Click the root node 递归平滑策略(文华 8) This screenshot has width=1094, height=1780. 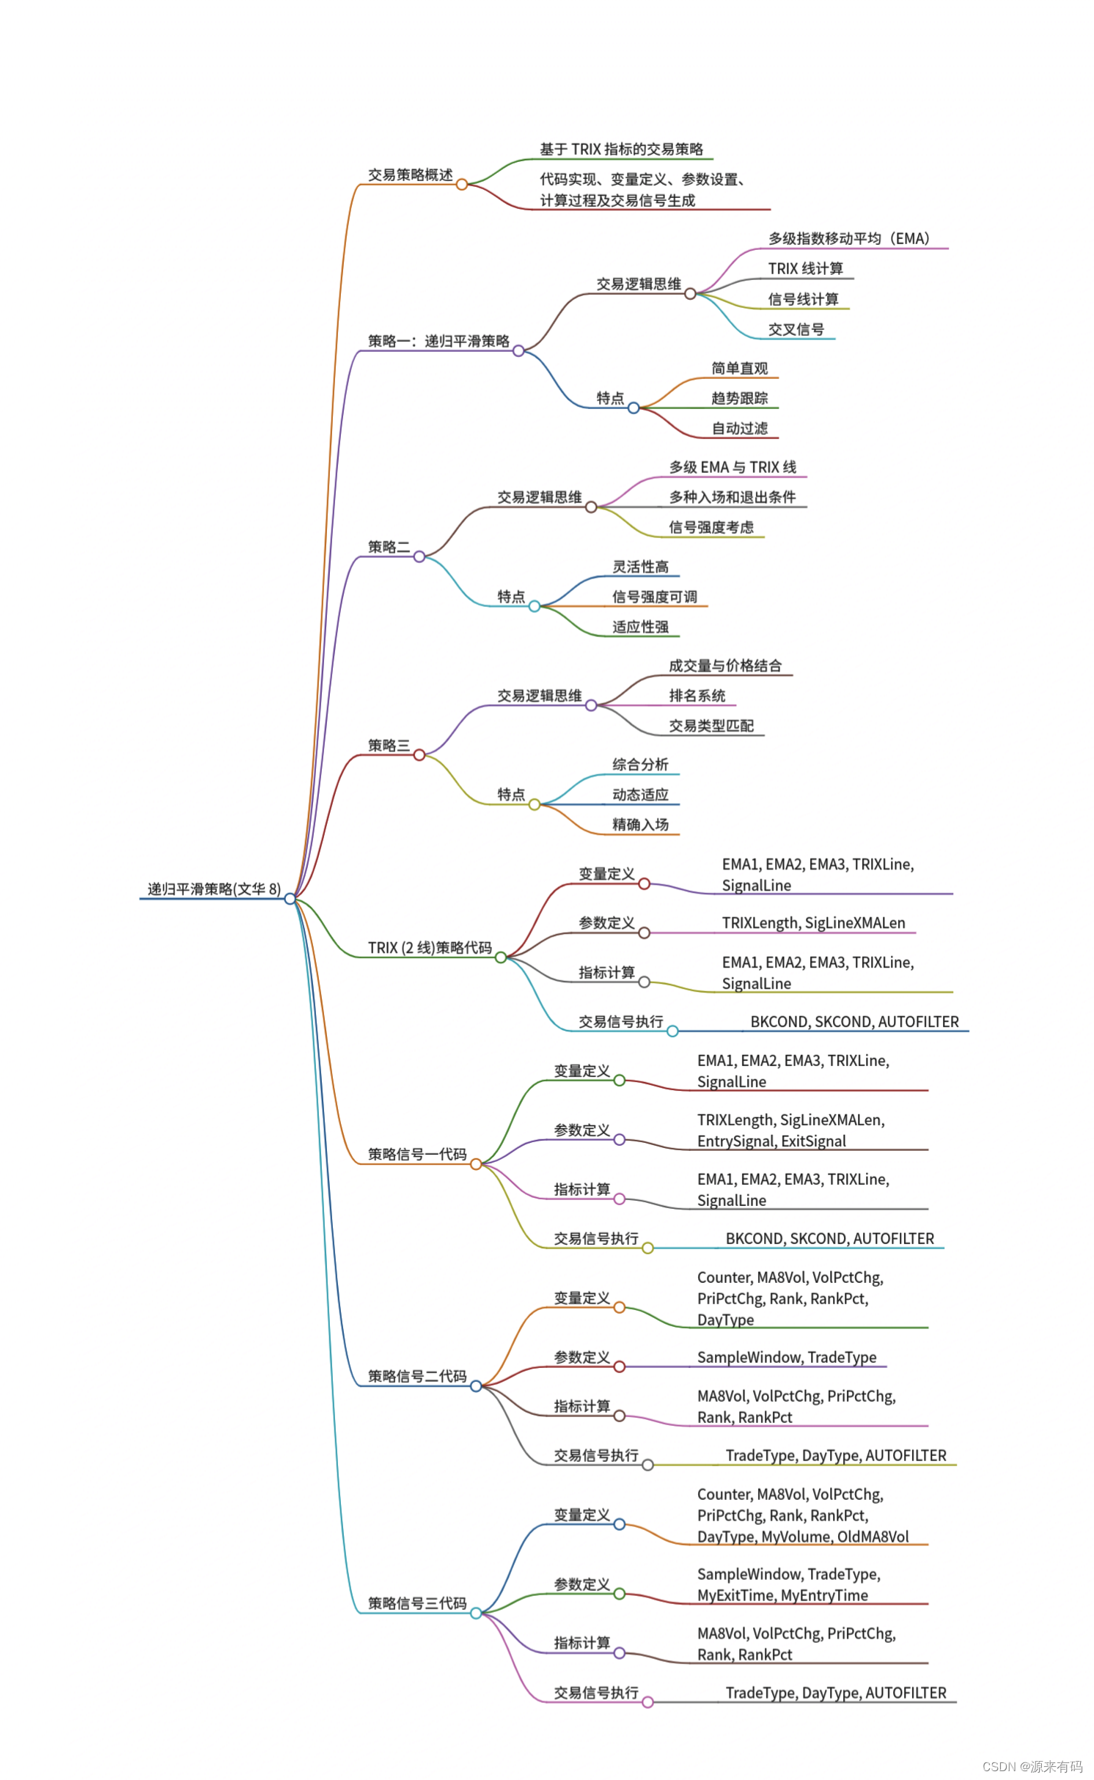point(213,889)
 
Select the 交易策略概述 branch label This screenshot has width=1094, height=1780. point(410,175)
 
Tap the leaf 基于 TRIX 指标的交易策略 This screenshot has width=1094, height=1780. point(621,150)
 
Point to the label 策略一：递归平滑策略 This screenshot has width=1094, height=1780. point(438,341)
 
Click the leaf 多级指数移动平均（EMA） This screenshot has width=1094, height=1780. point(848,239)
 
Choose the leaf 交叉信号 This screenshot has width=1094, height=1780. point(796,330)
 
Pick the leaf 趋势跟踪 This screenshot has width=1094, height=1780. point(739,398)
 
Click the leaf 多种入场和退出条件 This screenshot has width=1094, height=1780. point(732,497)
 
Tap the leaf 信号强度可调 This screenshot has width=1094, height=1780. point(654,597)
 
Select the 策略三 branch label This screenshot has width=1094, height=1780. point(389,746)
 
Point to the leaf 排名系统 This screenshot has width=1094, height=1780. point(697,696)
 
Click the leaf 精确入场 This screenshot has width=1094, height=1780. point(640,825)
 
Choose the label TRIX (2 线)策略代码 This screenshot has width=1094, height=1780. point(430,948)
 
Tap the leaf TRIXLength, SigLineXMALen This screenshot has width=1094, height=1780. point(813,923)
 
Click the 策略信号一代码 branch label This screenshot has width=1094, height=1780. point(416,1155)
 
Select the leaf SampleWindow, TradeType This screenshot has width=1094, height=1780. point(786,1357)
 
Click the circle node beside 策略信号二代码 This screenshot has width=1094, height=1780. point(476,1386)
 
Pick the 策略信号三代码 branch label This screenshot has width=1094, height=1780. point(416,1603)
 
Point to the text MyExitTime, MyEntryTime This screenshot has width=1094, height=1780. point(782,1595)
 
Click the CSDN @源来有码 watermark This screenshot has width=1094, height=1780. point(1032,1766)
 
